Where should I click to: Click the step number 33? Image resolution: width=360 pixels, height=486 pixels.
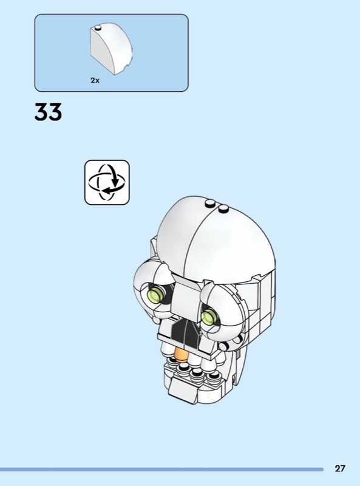49,112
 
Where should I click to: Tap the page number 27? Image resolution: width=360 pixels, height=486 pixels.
339,468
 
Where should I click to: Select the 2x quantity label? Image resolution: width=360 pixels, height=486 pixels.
95,80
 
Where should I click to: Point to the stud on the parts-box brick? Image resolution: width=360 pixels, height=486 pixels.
98,28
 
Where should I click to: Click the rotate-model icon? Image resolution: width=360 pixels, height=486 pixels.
107,182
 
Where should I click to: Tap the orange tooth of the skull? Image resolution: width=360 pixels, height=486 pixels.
182,355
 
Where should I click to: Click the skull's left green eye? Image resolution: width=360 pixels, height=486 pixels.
157,293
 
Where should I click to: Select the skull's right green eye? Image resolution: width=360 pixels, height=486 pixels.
209,317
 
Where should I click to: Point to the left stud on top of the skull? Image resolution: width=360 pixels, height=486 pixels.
211,203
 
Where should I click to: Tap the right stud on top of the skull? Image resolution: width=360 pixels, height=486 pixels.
223,208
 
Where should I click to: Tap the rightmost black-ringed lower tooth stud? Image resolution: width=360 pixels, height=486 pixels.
213,376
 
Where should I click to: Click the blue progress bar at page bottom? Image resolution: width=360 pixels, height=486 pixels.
161,470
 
